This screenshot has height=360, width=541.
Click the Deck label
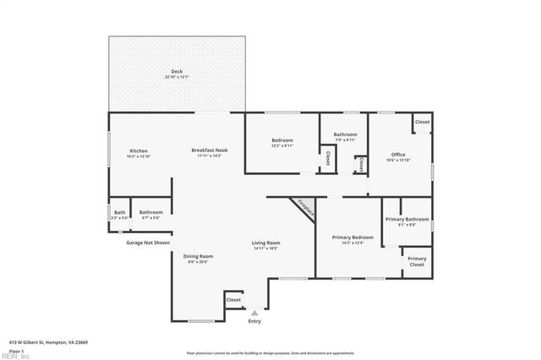[177, 71]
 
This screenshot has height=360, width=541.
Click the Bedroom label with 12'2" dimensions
[281, 140]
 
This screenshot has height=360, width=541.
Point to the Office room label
[398, 155]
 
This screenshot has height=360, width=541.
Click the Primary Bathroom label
[407, 220]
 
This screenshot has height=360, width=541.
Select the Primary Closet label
[417, 261]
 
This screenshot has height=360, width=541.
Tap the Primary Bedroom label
[352, 237]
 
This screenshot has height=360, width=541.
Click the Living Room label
[265, 243]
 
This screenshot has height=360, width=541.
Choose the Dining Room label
[198, 256]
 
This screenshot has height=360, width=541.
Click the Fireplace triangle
[303, 207]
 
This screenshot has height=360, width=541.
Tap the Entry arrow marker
[254, 313]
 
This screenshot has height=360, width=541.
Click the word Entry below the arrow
[254, 321]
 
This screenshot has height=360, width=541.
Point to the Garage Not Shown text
[148, 243]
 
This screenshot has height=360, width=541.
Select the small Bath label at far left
[119, 213]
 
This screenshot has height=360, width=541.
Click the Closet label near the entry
[233, 299]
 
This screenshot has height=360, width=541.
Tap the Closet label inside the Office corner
[422, 122]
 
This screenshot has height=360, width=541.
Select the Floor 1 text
[17, 350]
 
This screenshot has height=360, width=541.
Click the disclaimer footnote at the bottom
[270, 352]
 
